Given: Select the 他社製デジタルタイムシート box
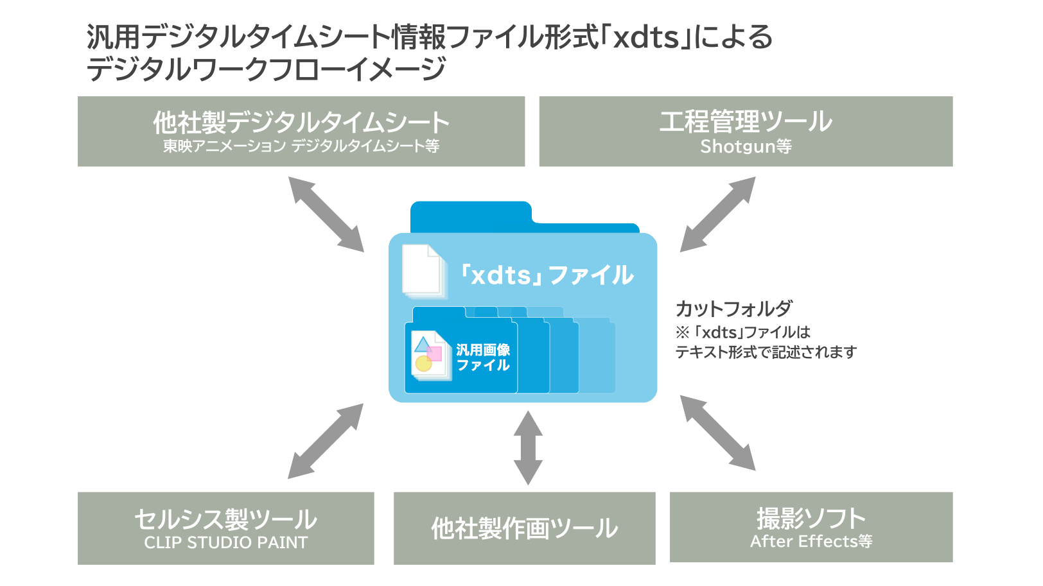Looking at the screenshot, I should tap(301, 132).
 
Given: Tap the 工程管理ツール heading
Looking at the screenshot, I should tap(745, 121).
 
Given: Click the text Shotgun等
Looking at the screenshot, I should tap(746, 146).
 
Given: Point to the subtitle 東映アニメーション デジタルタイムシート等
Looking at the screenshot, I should tap(301, 146).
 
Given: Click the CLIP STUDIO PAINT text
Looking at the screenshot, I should tap(226, 542).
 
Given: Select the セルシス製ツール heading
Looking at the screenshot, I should tap(226, 519).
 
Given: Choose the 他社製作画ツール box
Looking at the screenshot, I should tap(524, 528).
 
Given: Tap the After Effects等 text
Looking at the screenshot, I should tap(811, 541).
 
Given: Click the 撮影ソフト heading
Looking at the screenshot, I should tap(811, 517).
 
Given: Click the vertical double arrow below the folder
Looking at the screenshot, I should tap(528, 448).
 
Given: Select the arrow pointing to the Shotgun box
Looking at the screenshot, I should tap(717, 214).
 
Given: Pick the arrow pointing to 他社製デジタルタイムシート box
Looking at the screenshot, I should tap(326, 214).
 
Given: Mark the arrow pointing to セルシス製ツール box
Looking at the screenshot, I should tap(326, 441).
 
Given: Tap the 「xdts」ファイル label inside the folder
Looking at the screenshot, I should tap(547, 275).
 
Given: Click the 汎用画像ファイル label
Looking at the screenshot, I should tap(483, 358).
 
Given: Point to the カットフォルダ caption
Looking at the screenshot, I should tap(733, 309).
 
